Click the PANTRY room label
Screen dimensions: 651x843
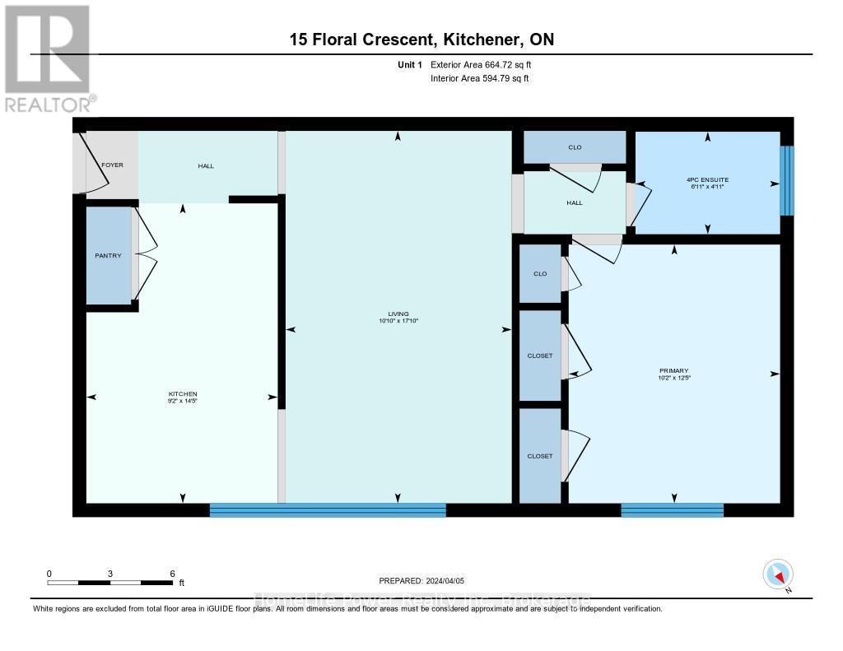pos(108,256)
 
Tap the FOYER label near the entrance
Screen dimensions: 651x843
pos(112,165)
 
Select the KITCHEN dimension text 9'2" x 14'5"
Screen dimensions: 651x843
pos(183,402)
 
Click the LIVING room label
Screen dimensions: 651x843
pos(398,314)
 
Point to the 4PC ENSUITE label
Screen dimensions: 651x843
pos(707,179)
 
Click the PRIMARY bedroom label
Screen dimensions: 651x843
pos(673,371)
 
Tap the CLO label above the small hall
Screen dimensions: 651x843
pos(575,147)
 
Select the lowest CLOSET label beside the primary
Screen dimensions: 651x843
pos(540,456)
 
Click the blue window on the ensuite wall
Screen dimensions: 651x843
pos(786,180)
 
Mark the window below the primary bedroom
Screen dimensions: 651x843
pos(672,510)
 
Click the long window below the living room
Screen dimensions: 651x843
pos(328,510)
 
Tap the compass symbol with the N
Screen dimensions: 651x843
pos(778,574)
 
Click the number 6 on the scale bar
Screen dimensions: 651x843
pos(172,574)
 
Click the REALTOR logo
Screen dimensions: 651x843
pos(47,58)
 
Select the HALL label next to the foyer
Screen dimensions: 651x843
pos(206,166)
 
